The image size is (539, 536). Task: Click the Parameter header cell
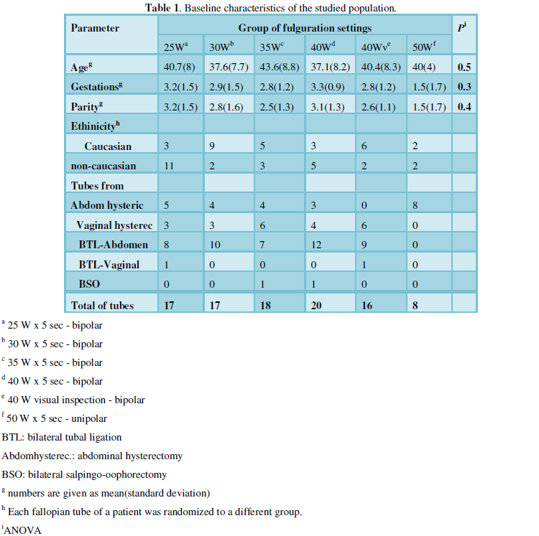[96, 28]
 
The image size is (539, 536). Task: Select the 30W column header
[221, 47]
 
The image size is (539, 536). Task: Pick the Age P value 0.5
[464, 67]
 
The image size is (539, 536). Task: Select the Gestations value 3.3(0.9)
[330, 87]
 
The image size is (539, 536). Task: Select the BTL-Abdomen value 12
[316, 244]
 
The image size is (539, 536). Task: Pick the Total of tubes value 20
[317, 304]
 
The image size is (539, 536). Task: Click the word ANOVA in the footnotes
[24, 530]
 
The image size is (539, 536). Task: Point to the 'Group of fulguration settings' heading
[305, 28]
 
